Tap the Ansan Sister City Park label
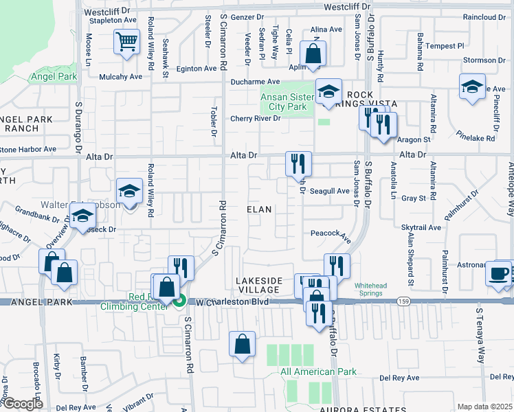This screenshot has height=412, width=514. [283, 102]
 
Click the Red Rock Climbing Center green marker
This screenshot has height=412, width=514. [179, 300]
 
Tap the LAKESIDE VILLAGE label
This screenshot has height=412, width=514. [259, 285]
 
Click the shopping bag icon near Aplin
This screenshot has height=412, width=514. [313, 54]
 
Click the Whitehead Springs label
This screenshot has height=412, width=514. [371, 289]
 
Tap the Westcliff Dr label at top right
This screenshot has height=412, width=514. [347, 6]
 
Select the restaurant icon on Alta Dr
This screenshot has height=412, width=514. [298, 163]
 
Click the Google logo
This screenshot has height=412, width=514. [22, 404]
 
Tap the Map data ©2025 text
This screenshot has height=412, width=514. [484, 407]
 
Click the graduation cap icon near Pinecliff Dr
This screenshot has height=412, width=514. [472, 87]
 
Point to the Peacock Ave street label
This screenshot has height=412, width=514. [331, 233]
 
